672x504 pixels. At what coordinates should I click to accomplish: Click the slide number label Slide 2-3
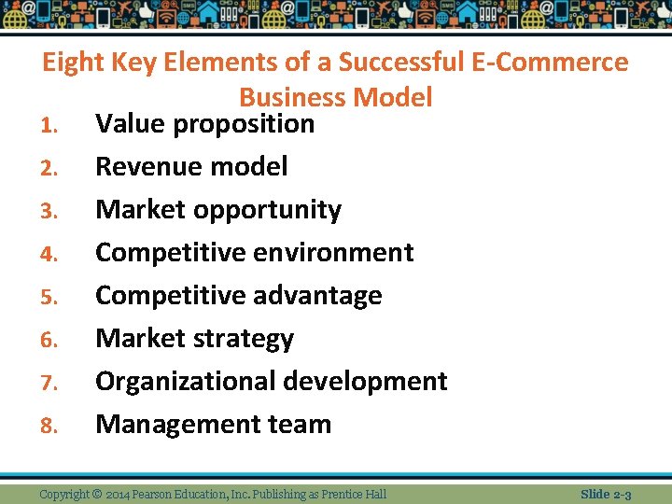tap(606, 494)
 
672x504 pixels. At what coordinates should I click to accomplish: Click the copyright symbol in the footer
tap(96, 494)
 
